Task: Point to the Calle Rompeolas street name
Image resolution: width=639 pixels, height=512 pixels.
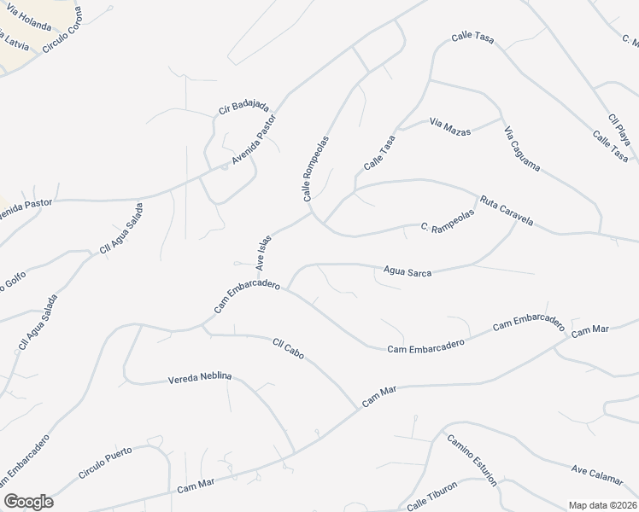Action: point(314,168)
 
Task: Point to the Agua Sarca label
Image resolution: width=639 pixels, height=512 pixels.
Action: point(407,272)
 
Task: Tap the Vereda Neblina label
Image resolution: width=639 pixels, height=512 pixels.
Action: point(200,377)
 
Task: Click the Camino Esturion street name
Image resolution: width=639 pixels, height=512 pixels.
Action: point(471,458)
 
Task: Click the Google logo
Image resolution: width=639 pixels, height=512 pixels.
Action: point(28,502)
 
